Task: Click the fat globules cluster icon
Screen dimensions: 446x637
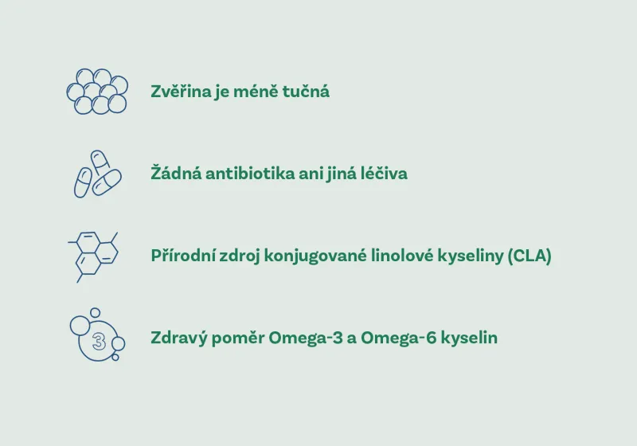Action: coord(96,91)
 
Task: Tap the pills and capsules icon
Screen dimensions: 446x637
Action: coord(96,174)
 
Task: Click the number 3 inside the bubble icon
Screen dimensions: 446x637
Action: coord(98,342)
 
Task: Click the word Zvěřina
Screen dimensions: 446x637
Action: coord(180,92)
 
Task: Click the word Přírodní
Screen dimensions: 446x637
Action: coord(182,256)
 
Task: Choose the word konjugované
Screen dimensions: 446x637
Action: coord(318,256)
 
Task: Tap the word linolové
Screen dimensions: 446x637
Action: coord(406,256)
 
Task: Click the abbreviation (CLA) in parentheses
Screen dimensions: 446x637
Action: coord(529,256)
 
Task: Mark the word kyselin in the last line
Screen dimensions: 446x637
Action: coord(470,338)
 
